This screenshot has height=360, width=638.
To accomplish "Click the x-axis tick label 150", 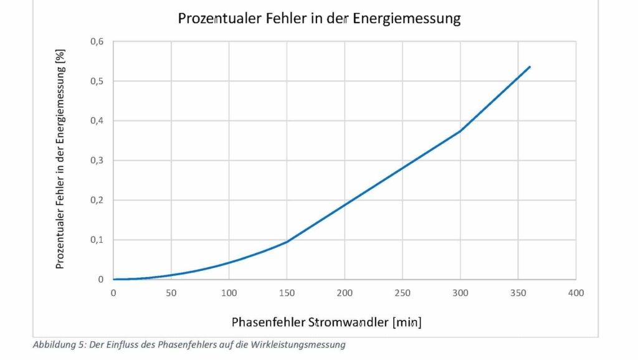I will click(287, 293).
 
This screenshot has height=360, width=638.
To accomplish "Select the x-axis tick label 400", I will click(576, 293).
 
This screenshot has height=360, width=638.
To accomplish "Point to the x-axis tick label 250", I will click(402, 293).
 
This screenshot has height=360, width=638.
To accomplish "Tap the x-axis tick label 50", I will click(171, 293).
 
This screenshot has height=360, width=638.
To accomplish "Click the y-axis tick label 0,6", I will click(97, 42).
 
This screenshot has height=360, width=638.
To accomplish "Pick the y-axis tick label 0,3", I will click(97, 161).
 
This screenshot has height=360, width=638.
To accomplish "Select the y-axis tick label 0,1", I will click(97, 240).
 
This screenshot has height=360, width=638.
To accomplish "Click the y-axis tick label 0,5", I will click(97, 82).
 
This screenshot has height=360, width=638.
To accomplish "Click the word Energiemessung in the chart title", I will click(407, 19).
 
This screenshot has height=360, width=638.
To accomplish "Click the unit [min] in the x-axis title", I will click(407, 323).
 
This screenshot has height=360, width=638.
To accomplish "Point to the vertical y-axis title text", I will click(60, 160).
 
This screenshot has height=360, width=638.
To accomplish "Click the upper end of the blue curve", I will click(530, 67).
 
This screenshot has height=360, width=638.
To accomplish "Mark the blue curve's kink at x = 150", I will click(287, 242).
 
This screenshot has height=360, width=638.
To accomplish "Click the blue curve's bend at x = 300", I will click(460, 131).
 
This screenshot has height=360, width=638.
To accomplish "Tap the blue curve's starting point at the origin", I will click(114, 279).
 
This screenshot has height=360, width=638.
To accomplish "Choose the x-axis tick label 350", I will click(518, 293).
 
